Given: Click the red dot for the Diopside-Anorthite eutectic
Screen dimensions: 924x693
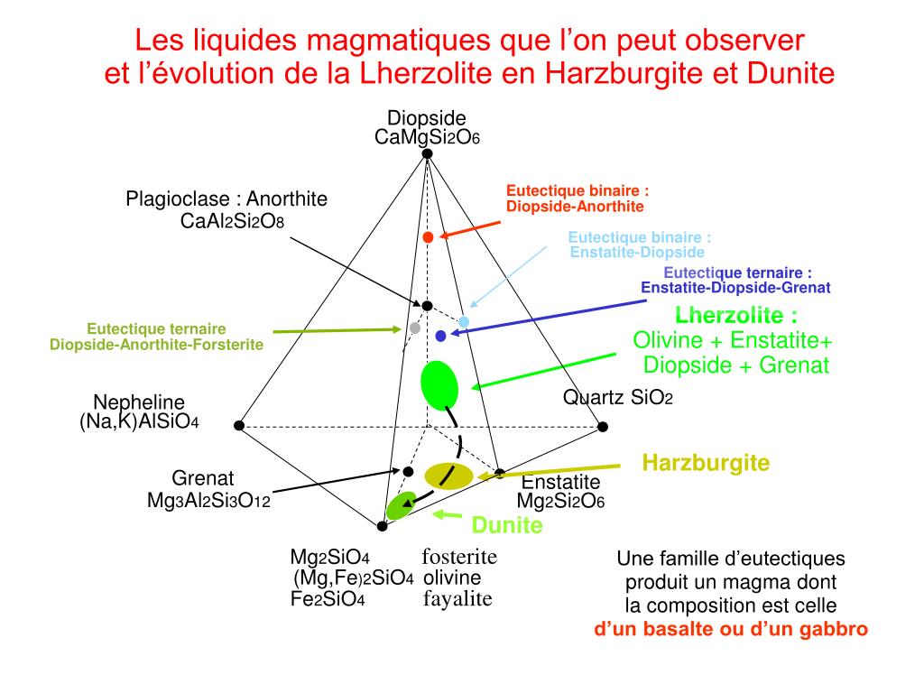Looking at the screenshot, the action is (x=429, y=236).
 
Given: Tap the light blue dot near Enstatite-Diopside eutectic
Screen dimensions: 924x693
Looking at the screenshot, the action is (x=464, y=322).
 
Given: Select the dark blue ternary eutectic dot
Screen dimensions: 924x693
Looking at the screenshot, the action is (x=440, y=336).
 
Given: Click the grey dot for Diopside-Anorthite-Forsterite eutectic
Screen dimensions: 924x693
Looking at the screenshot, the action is (x=415, y=328).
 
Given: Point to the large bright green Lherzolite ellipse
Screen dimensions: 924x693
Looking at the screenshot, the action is (x=439, y=385).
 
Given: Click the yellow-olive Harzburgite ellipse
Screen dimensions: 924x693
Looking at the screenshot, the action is (x=448, y=476).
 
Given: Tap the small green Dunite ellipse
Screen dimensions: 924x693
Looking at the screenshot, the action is (x=400, y=505).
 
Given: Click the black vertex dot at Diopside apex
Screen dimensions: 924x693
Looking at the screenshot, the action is (x=428, y=153).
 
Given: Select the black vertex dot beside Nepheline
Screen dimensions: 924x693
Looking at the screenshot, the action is (x=239, y=425).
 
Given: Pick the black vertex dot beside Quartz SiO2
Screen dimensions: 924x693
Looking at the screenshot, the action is (x=604, y=426).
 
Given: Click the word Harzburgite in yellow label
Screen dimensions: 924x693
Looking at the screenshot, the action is (x=706, y=464).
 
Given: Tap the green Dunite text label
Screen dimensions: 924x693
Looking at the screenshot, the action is (x=507, y=526).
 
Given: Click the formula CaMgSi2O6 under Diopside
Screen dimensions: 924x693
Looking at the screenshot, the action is (x=427, y=137).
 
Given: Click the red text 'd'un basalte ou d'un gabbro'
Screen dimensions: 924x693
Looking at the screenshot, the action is (x=731, y=629).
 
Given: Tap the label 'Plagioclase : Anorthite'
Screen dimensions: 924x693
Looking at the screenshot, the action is (x=226, y=199).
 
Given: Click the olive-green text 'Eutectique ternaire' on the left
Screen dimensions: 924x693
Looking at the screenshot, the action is (x=156, y=329).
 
